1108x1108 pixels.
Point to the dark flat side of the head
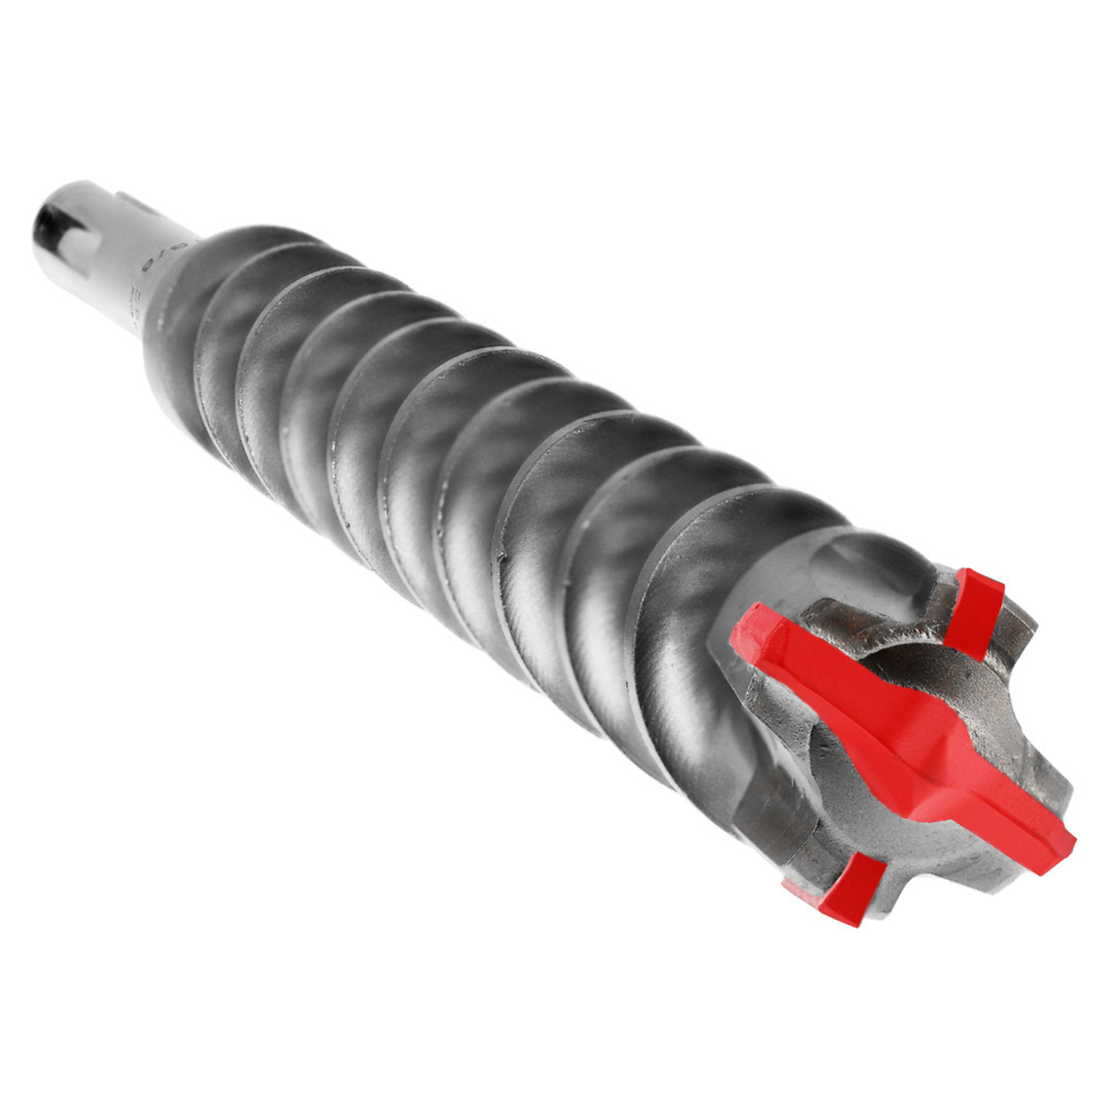tap(768, 803)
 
